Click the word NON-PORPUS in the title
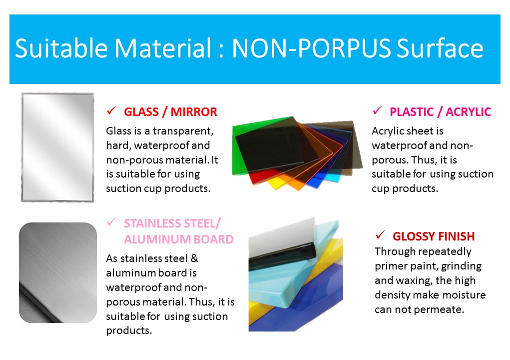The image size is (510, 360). (311, 48)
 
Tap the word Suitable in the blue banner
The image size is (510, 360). (61, 48)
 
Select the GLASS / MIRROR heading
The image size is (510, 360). (170, 112)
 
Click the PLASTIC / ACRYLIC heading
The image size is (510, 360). (441, 112)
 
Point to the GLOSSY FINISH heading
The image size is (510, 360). (434, 236)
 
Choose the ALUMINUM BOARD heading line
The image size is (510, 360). (178, 239)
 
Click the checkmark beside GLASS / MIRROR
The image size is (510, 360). (111, 110)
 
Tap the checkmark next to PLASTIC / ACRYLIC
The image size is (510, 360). (377, 110)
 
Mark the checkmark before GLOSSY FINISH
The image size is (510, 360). (380, 234)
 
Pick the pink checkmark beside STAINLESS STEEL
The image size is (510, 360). (111, 222)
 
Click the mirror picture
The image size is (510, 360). (57, 147)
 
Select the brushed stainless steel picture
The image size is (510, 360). (58, 273)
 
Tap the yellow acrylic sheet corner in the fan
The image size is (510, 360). (276, 183)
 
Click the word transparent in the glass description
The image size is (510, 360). (183, 131)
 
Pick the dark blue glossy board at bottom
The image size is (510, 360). (312, 302)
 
